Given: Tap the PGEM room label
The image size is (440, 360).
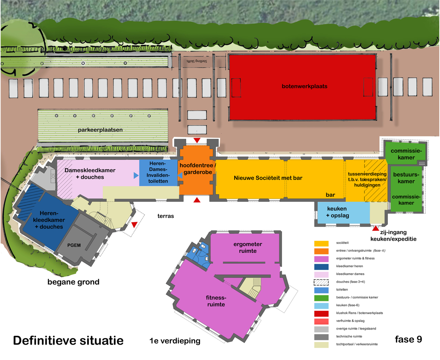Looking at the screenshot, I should point(74,245).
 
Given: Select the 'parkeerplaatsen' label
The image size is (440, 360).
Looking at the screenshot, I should point(100,130).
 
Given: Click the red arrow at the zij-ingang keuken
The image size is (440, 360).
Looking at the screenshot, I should point(375,228).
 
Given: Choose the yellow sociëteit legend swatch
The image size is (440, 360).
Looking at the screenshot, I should point(323,243).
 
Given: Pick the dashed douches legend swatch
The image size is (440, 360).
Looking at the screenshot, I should point(323,282).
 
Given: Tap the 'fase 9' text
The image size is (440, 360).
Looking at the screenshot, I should point(408,339).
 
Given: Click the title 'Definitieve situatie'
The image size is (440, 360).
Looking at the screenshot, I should point(68,341).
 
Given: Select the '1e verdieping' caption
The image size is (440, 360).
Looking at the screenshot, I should point(174,341).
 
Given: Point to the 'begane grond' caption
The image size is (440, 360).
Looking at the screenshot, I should point(73,282).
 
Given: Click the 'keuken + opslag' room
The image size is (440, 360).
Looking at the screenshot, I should point(337,212).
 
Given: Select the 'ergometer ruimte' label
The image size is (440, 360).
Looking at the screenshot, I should point(247,247).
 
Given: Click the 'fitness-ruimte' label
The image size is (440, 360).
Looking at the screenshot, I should point(216,301).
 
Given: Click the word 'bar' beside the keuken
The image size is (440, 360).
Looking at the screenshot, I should point(331,195).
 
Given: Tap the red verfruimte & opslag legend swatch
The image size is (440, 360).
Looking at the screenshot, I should point(323,321).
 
